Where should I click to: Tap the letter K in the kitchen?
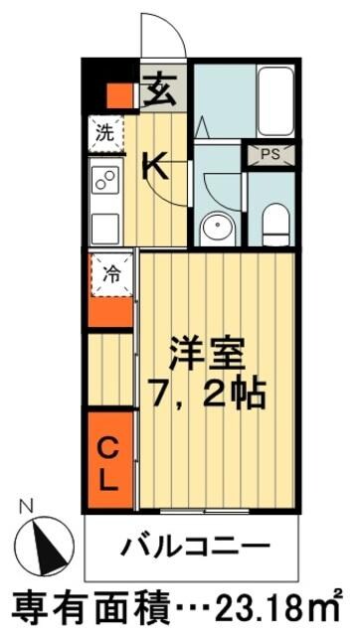click(155, 164)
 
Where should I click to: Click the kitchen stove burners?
click(104, 179)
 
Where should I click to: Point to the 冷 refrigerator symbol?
click(110, 275)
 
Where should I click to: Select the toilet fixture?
click(273, 222)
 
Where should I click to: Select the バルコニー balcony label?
click(196, 548)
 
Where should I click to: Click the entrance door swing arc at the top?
click(163, 36)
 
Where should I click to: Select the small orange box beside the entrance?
click(119, 96)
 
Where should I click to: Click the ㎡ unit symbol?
click(332, 604)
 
